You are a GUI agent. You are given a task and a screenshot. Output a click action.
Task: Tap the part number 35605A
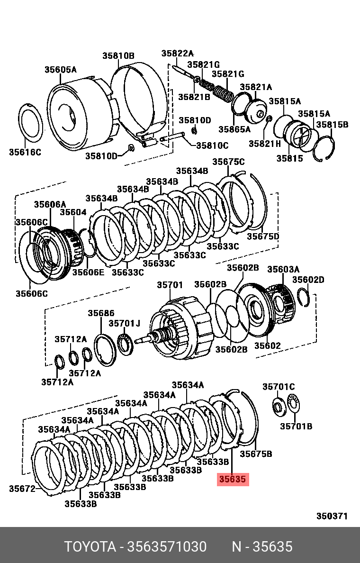[x=61, y=70]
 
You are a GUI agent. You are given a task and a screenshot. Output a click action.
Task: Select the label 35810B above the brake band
[x=118, y=56]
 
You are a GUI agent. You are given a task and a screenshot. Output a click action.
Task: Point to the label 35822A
[x=178, y=54]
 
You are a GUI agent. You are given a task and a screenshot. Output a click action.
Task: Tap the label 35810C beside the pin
[x=212, y=145]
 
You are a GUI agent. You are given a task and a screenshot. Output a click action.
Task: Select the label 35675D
[x=263, y=236]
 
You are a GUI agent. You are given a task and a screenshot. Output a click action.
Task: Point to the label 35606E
[x=88, y=272]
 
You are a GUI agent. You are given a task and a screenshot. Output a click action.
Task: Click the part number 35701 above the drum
[x=170, y=285]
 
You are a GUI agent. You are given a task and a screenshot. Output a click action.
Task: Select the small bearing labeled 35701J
[x=125, y=344]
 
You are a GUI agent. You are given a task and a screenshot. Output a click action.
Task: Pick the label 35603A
[x=283, y=269]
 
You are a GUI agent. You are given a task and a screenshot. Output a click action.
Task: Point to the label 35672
[x=22, y=489]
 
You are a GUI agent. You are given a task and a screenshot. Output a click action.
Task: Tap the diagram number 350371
[x=332, y=516]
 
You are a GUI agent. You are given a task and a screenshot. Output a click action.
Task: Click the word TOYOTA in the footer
[x=90, y=547]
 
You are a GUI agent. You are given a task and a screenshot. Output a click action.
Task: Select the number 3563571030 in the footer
[x=167, y=547]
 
